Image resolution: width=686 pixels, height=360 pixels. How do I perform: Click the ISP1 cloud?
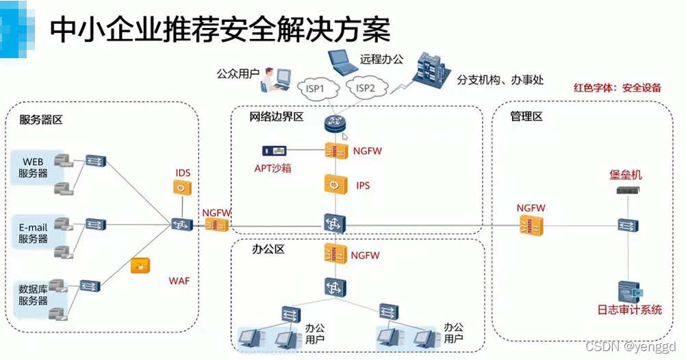click(316, 88)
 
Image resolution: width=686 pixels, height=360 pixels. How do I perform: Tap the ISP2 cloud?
click(366, 88)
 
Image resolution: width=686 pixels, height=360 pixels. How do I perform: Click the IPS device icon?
click(335, 185)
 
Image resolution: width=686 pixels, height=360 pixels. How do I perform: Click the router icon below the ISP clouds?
click(335, 124)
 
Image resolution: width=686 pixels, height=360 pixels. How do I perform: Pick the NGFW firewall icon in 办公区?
click(335, 254)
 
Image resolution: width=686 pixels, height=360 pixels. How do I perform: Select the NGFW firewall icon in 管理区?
click(531, 224)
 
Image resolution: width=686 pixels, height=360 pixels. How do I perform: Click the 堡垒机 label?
click(626, 175)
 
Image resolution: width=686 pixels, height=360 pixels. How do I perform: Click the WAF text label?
click(179, 281)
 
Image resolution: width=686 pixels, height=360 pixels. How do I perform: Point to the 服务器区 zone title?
click(41, 120)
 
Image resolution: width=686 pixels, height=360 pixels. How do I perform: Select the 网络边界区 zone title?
click(277, 117)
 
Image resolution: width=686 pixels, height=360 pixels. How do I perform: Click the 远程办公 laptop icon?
click(341, 62)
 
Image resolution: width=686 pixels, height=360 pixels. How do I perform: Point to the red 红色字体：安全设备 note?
click(618, 88)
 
